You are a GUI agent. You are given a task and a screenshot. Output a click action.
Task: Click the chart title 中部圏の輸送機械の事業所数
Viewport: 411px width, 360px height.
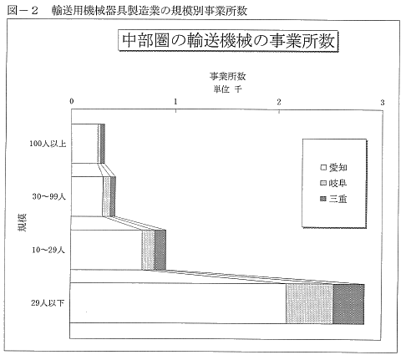coord(228,41)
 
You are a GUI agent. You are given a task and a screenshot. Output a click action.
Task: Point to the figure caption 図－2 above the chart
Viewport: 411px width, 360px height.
coord(23,11)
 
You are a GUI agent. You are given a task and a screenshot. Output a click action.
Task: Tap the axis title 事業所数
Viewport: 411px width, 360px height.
coord(227,76)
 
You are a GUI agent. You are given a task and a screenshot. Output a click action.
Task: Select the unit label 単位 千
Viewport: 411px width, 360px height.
coord(227,89)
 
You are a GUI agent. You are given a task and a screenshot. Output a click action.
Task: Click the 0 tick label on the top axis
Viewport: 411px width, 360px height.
coord(72,101)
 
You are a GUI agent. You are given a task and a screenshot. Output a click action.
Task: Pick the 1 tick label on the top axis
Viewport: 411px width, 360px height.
coord(175,102)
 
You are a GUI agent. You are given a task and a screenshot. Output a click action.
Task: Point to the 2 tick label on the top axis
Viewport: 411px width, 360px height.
coord(279,102)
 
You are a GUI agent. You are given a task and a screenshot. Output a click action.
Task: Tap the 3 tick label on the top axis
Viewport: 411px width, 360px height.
coord(383,103)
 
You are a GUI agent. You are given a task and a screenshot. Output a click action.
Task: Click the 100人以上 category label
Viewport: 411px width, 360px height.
coord(48,144)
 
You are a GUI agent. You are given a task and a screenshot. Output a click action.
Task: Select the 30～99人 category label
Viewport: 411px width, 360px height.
coord(48,196)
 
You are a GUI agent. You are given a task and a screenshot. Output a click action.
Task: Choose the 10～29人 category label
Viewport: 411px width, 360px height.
coord(48,250)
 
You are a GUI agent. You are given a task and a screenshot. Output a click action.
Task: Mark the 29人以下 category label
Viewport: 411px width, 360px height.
coord(48,303)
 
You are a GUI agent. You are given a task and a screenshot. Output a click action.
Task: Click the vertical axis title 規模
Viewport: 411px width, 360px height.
coord(23,222)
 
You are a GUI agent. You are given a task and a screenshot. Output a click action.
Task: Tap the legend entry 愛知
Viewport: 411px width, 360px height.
coord(333,167)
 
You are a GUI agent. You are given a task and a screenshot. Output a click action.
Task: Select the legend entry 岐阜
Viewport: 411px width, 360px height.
coord(333,183)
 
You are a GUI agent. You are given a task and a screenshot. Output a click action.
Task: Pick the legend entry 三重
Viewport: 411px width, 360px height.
coord(333,199)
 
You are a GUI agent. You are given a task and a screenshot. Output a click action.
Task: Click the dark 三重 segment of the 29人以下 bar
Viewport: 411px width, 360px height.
coord(348,304)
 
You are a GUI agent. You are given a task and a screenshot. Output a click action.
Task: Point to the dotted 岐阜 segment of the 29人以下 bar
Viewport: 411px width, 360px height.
coord(309,304)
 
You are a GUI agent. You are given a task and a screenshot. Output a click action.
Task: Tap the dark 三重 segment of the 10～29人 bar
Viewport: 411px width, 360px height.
coord(160,250)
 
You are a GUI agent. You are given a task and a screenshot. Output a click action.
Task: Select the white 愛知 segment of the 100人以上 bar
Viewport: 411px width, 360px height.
coord(84,144)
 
